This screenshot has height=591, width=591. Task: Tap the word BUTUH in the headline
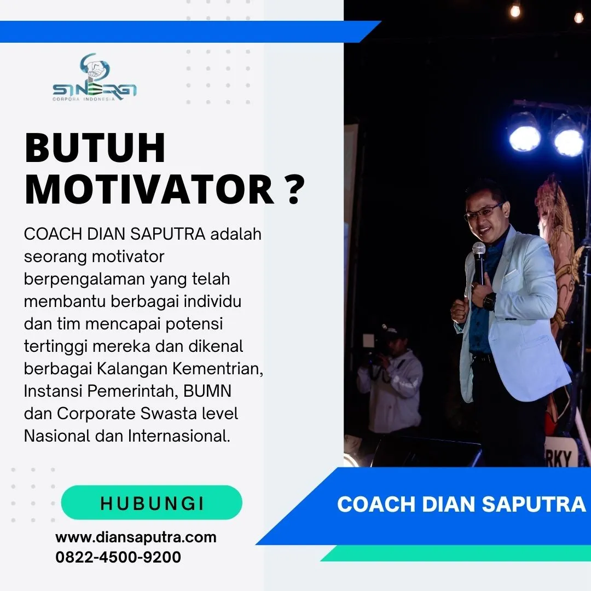[x=95, y=149]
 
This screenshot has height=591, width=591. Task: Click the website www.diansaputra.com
[x=136, y=537]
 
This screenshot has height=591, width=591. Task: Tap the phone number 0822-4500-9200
[x=118, y=557]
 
